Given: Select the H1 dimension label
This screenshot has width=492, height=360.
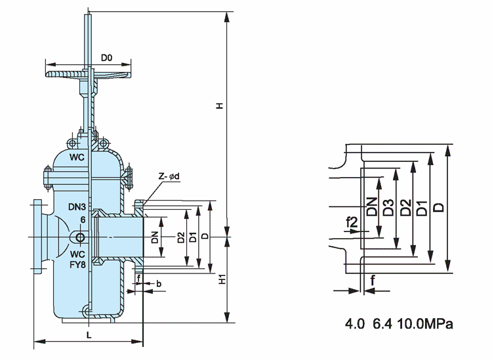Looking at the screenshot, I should pyautogui.click(x=222, y=279).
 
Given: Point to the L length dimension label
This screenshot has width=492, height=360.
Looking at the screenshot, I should pyautogui.click(x=89, y=334).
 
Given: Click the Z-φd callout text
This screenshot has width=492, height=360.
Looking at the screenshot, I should pyautogui.click(x=169, y=176).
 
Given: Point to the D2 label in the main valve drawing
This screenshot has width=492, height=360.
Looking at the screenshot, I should pyautogui.click(x=181, y=237).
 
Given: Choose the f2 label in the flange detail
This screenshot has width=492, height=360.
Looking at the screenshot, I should pyautogui.click(x=352, y=224).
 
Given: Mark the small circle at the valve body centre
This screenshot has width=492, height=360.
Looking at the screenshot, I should pyautogui.click(x=80, y=237).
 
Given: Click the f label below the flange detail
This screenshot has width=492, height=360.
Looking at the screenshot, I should pyautogui.click(x=372, y=279).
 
